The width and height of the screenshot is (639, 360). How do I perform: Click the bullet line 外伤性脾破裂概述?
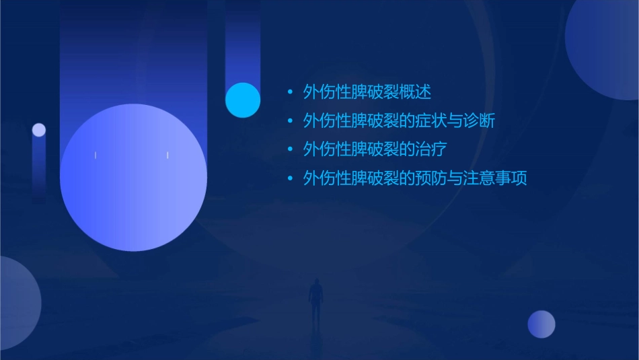point(367,92)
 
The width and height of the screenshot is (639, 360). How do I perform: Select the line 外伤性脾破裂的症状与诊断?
point(400,121)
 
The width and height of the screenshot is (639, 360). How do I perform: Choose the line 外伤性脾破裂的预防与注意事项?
point(415,178)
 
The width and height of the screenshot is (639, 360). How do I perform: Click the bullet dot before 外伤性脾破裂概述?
point(290,92)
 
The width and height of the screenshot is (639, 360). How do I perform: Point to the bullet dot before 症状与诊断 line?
point(290,121)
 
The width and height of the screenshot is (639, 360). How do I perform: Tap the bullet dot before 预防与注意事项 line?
point(290,178)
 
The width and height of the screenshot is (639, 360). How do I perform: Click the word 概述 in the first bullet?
point(415,92)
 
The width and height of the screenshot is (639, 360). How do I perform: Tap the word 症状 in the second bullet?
point(431,121)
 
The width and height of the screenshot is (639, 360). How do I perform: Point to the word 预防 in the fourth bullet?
point(431,178)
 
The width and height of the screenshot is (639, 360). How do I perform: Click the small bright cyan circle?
point(243,100)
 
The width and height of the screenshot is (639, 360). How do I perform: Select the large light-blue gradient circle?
point(133,178)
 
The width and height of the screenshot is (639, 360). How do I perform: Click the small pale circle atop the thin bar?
point(39,130)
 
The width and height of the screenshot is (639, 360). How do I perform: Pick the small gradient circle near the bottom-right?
point(541,324)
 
